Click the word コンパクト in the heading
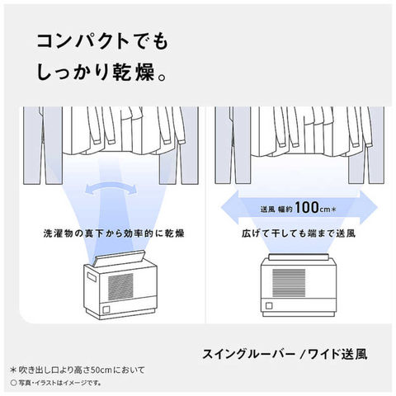click(x=83, y=42)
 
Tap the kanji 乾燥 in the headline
click(x=134, y=73)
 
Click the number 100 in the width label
click(x=307, y=207)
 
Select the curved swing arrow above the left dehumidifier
click(x=111, y=188)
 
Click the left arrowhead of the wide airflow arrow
click(x=229, y=207)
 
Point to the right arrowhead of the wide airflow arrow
click(x=370, y=207)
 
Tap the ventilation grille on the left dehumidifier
click(x=120, y=286)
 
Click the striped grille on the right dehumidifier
click(x=289, y=283)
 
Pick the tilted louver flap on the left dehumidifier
click(x=119, y=258)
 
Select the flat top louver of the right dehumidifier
click(x=299, y=257)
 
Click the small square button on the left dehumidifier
click(x=106, y=309)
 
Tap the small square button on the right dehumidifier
click(x=269, y=306)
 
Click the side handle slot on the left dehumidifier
click(x=92, y=276)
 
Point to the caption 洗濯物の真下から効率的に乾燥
click(x=114, y=233)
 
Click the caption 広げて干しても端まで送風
click(x=299, y=233)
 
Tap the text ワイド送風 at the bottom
click(x=337, y=354)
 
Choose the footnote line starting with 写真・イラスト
click(x=56, y=383)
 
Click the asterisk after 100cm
click(x=333, y=210)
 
